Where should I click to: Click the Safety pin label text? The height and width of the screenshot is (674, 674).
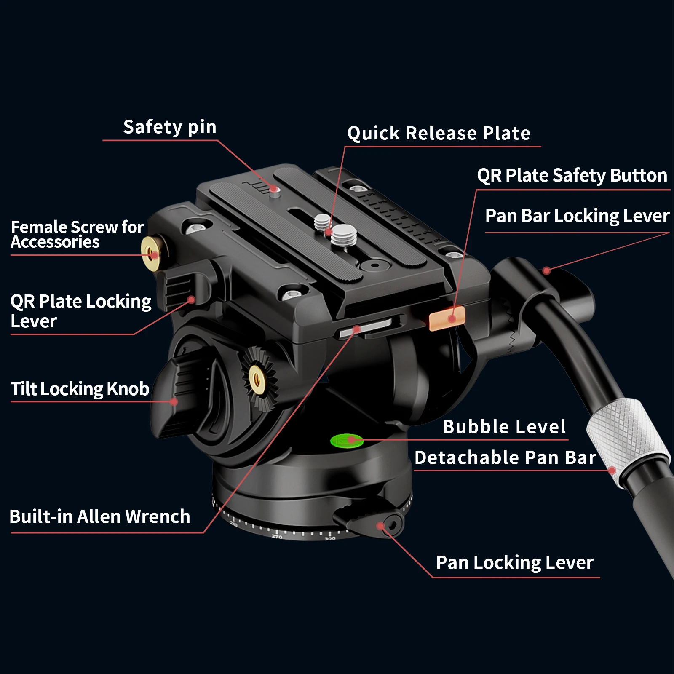coord(170,127)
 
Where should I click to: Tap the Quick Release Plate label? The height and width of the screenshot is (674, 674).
coord(439,134)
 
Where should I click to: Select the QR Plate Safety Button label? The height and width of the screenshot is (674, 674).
coord(572,175)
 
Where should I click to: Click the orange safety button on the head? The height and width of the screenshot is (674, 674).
coord(447,318)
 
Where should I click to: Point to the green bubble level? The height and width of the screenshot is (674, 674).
coord(346,441)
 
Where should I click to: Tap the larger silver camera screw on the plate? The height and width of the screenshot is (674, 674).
coord(344,235)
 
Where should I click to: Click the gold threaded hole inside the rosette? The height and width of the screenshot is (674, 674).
coord(257,379)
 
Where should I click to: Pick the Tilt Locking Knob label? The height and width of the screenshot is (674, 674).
coord(80,389)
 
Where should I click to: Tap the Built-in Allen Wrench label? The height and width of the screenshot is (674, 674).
coord(100,516)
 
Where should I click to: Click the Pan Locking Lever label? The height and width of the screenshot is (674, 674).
coord(514,562)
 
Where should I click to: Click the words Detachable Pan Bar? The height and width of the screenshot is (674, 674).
coord(505,457)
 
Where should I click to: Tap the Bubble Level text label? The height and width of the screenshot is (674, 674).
coord(504,427)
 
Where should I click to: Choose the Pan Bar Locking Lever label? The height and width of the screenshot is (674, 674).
coord(577,216)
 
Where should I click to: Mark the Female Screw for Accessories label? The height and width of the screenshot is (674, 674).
coord(77,234)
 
